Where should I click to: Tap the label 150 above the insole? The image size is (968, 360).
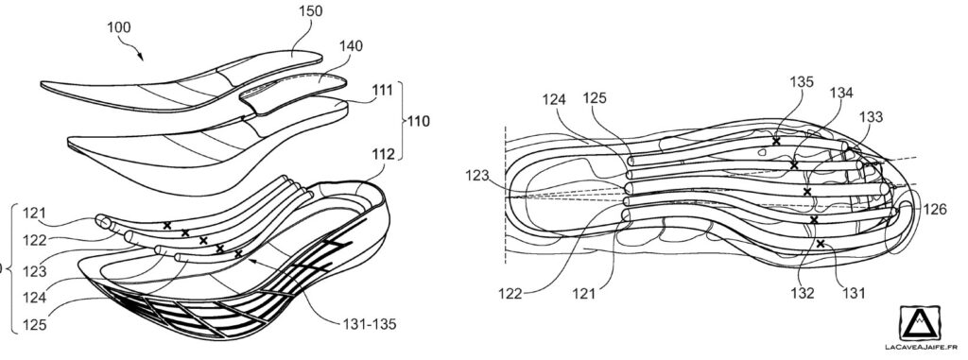(310, 11)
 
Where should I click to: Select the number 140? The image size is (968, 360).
(351, 45)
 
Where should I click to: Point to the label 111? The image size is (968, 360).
(383, 90)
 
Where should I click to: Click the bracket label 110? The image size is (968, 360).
(418, 121)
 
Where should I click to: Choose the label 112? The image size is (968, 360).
(383, 154)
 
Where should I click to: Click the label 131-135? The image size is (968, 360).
(369, 324)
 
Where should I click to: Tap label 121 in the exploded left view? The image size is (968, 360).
(34, 213)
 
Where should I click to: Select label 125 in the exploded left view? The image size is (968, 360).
(35, 324)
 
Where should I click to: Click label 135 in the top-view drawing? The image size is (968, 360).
(802, 81)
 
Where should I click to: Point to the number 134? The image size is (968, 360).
(841, 93)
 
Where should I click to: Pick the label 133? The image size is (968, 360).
(871, 117)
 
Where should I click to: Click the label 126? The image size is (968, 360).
(935, 211)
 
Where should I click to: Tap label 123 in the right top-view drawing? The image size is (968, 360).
(477, 176)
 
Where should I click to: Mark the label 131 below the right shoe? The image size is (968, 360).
(855, 293)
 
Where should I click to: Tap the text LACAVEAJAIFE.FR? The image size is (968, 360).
(925, 348)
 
